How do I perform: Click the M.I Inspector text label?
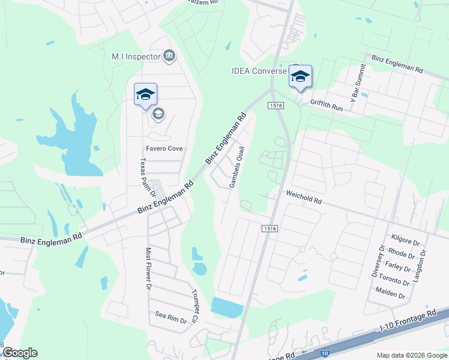[136, 56]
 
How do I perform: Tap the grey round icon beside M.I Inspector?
[169, 56]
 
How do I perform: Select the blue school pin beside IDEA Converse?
[300, 76]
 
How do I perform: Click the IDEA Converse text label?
[259, 71]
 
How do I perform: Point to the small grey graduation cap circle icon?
[158, 114]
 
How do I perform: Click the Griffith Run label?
[326, 104]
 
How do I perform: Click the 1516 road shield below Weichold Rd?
[270, 228]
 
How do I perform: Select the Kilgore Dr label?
[405, 241]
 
